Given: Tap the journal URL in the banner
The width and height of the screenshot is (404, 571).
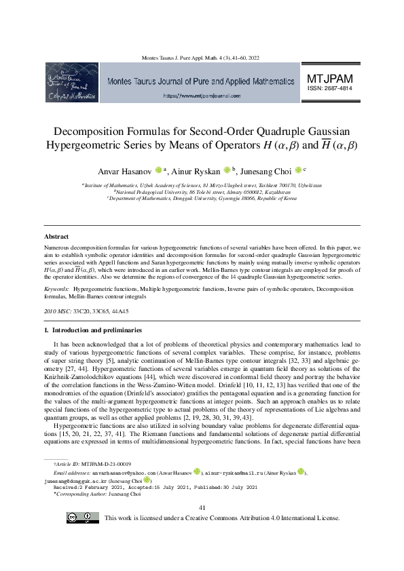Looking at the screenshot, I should click(x=202, y=96).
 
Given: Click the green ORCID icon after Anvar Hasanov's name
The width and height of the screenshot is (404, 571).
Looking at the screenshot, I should click(x=158, y=170).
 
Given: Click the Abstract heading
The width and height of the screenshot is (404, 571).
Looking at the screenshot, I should click(x=56, y=237).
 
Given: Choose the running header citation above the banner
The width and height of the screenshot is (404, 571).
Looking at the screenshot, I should click(x=202, y=58).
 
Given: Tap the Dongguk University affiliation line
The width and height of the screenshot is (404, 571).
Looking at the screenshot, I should click(x=202, y=199).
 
